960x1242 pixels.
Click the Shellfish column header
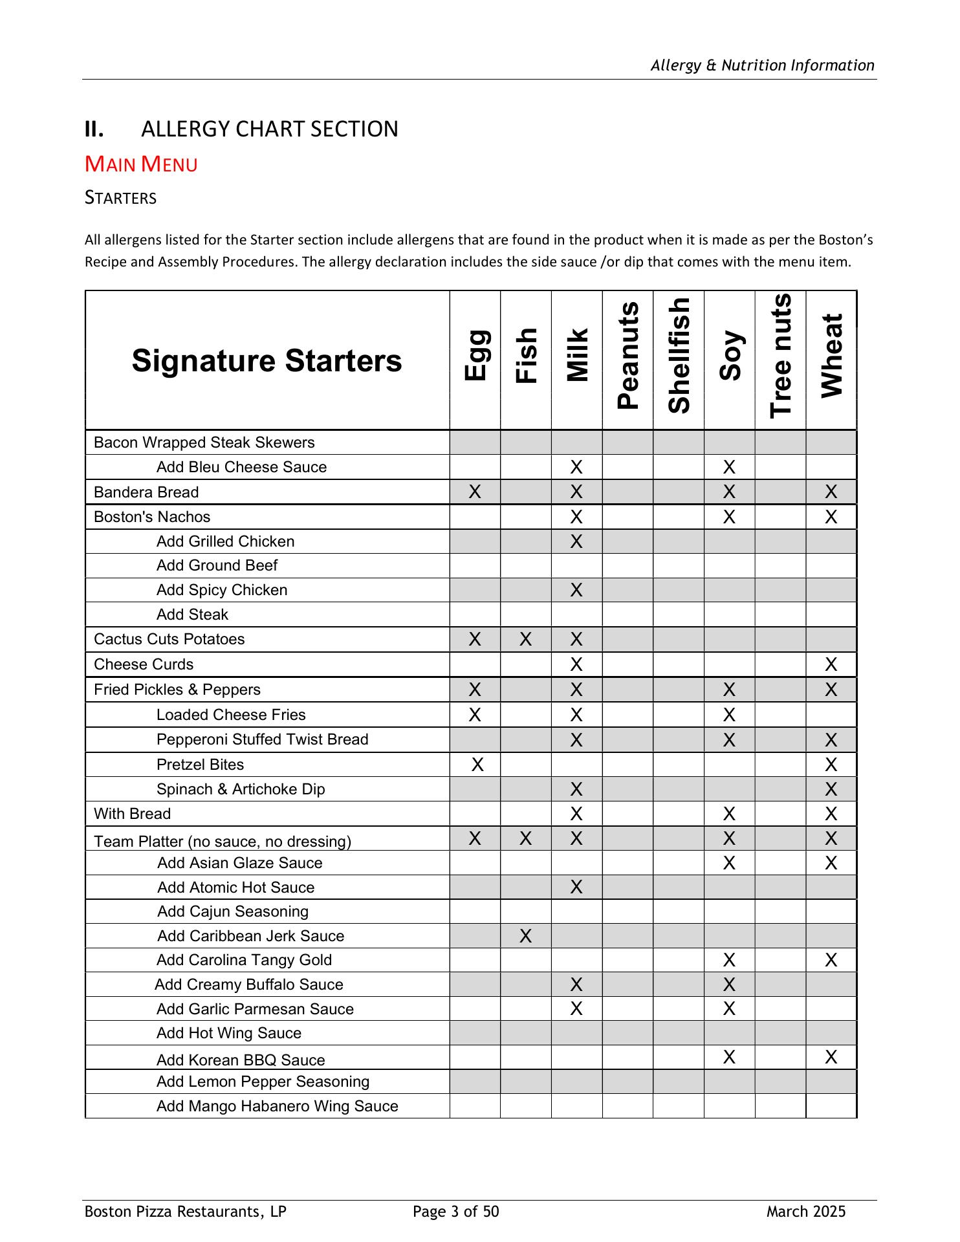(x=679, y=356)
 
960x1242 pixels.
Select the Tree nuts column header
(x=781, y=356)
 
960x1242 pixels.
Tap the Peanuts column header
(x=627, y=356)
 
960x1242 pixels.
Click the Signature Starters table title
(x=267, y=360)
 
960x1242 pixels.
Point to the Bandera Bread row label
(x=146, y=492)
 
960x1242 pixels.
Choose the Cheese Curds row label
(x=144, y=664)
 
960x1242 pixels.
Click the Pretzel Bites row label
(x=200, y=765)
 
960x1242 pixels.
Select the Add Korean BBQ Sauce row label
(x=241, y=1060)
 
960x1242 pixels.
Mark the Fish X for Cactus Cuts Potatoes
(x=525, y=640)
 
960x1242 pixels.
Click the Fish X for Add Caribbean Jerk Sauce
(x=525, y=936)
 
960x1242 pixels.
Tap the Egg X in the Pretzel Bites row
(x=477, y=765)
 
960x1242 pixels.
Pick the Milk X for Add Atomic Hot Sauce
(x=576, y=887)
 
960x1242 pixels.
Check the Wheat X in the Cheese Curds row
(x=831, y=664)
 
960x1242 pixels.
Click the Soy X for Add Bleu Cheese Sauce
(x=729, y=467)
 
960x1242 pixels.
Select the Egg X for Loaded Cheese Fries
(x=475, y=715)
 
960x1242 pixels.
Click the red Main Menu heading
(x=141, y=164)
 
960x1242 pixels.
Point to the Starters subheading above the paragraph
(x=121, y=198)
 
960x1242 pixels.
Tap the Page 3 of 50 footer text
(x=456, y=1212)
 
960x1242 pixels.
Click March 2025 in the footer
(x=806, y=1212)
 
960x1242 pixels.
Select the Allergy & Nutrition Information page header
(x=762, y=65)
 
